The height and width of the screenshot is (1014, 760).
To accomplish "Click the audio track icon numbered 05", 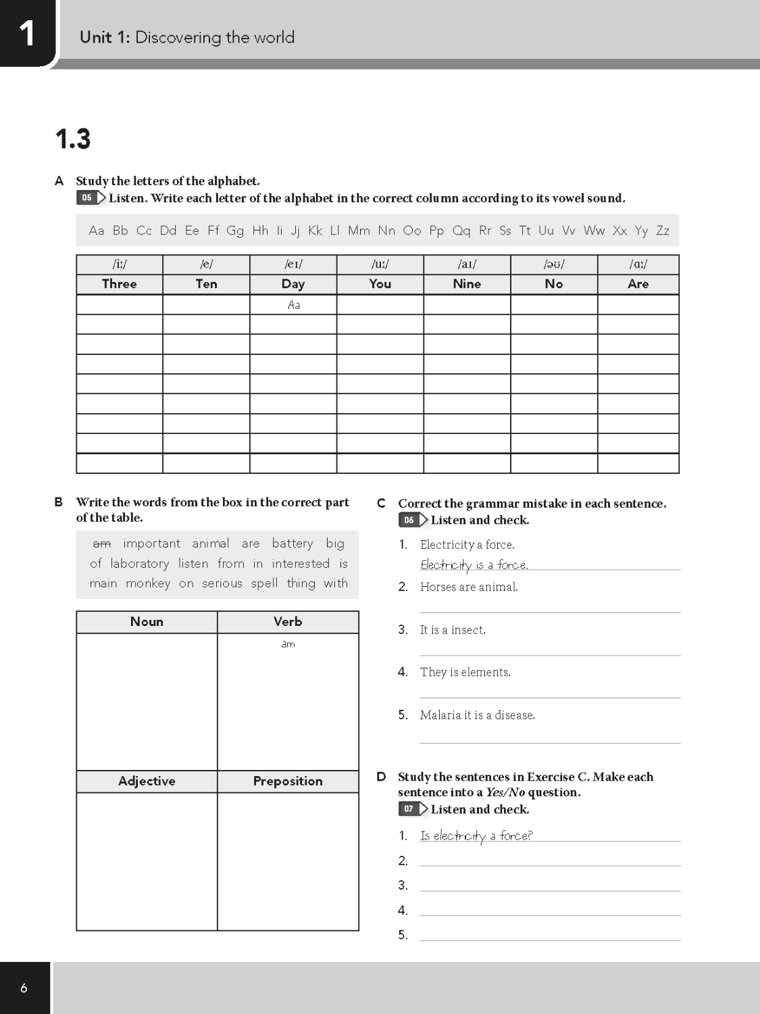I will (91, 198).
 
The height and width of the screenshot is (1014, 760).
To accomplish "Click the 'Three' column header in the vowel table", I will (120, 284).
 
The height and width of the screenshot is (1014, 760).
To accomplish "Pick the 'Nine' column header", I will (467, 284).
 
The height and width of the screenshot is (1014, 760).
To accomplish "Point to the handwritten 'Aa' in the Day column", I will (294, 305).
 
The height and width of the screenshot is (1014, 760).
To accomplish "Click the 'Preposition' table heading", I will (288, 781).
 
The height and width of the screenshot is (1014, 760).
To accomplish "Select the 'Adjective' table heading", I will (147, 781).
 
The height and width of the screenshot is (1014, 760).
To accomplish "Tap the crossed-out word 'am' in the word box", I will (102, 544).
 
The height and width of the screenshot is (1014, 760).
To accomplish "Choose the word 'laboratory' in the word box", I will (140, 564).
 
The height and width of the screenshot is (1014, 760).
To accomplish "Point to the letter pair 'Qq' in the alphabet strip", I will (461, 231).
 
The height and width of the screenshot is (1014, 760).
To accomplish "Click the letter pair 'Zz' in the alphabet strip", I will (663, 231).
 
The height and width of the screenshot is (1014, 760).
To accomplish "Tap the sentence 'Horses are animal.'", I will (469, 587).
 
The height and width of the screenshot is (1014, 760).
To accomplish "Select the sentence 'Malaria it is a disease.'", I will (477, 715).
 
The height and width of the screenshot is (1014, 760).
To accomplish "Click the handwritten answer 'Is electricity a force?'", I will (476, 836).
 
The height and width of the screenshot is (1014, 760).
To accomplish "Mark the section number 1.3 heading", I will (73, 139).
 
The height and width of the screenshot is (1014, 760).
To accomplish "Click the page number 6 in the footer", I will (24, 988).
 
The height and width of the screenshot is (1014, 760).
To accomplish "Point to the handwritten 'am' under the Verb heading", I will (288, 644).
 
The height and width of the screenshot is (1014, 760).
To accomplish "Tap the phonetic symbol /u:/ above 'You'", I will (380, 264).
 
